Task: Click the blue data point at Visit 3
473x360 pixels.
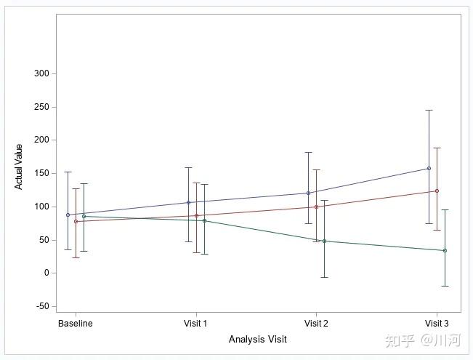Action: tap(429, 168)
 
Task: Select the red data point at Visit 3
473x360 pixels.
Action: tap(437, 191)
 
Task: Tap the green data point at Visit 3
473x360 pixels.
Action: tap(445, 250)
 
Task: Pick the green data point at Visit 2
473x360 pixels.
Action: tap(324, 241)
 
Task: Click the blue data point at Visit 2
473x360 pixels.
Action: tap(308, 193)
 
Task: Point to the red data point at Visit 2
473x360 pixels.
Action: tap(316, 207)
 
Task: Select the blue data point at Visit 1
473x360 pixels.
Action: tap(188, 202)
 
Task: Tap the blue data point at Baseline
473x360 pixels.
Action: tap(68, 215)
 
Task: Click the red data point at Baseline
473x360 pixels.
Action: tap(76, 221)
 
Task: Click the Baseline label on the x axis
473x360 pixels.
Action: tap(76, 323)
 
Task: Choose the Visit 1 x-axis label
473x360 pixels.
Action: tap(196, 323)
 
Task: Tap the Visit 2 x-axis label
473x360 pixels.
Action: tap(316, 323)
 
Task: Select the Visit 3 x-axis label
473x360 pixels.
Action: tap(436, 323)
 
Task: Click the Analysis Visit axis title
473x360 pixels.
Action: tap(257, 339)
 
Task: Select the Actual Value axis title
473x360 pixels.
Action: tap(20, 167)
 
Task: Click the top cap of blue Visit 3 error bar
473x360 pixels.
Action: tap(429, 110)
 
